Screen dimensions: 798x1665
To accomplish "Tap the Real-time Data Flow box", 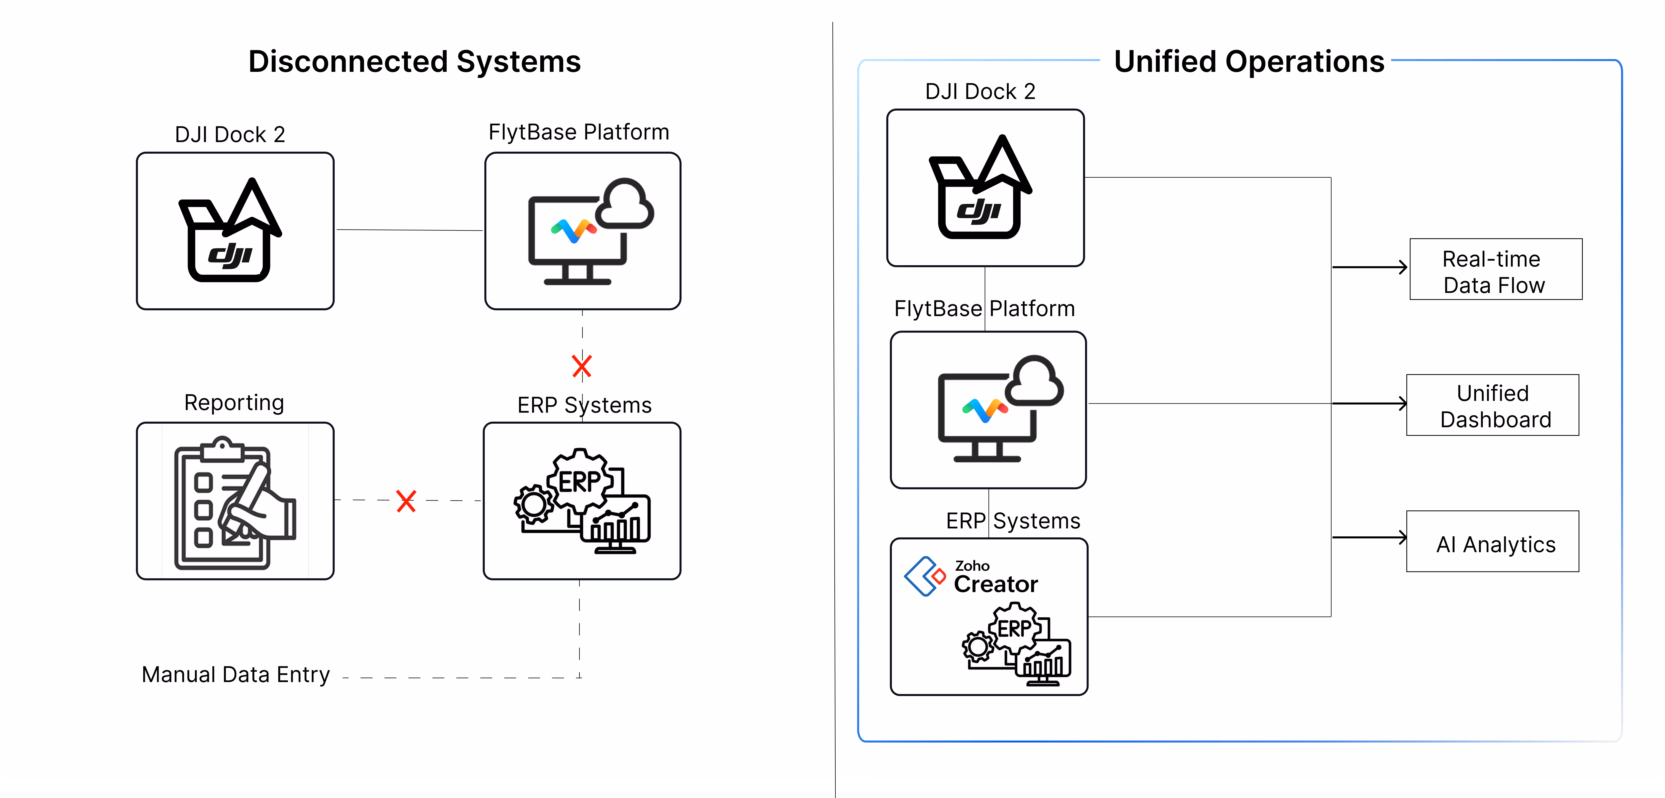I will (x=1495, y=269).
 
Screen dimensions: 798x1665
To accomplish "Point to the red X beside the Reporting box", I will (x=406, y=501).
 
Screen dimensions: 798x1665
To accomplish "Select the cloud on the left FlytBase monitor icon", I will (x=624, y=205).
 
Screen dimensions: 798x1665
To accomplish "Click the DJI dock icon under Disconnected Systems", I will (x=230, y=231).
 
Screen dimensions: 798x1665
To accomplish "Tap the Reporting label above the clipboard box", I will (x=234, y=402).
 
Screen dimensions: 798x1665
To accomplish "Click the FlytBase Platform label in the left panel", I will (x=579, y=133).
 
